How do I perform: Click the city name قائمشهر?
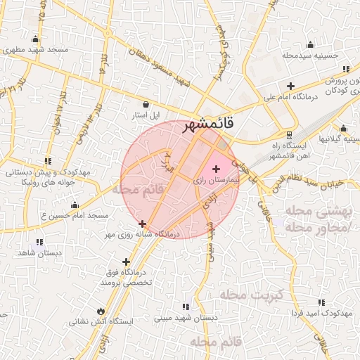pyautogui.click(x=209, y=127)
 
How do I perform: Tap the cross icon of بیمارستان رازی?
pyautogui.click(x=215, y=169)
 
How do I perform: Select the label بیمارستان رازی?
pyautogui.click(x=217, y=181)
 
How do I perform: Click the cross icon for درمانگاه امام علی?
pyautogui.click(x=290, y=86)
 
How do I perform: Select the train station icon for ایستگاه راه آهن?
pyautogui.click(x=288, y=135)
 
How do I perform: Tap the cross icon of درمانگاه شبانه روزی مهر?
pyautogui.click(x=143, y=224)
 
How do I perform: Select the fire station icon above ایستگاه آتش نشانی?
pyautogui.click(x=102, y=310)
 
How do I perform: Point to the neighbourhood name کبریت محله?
pyautogui.click(x=251, y=293)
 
